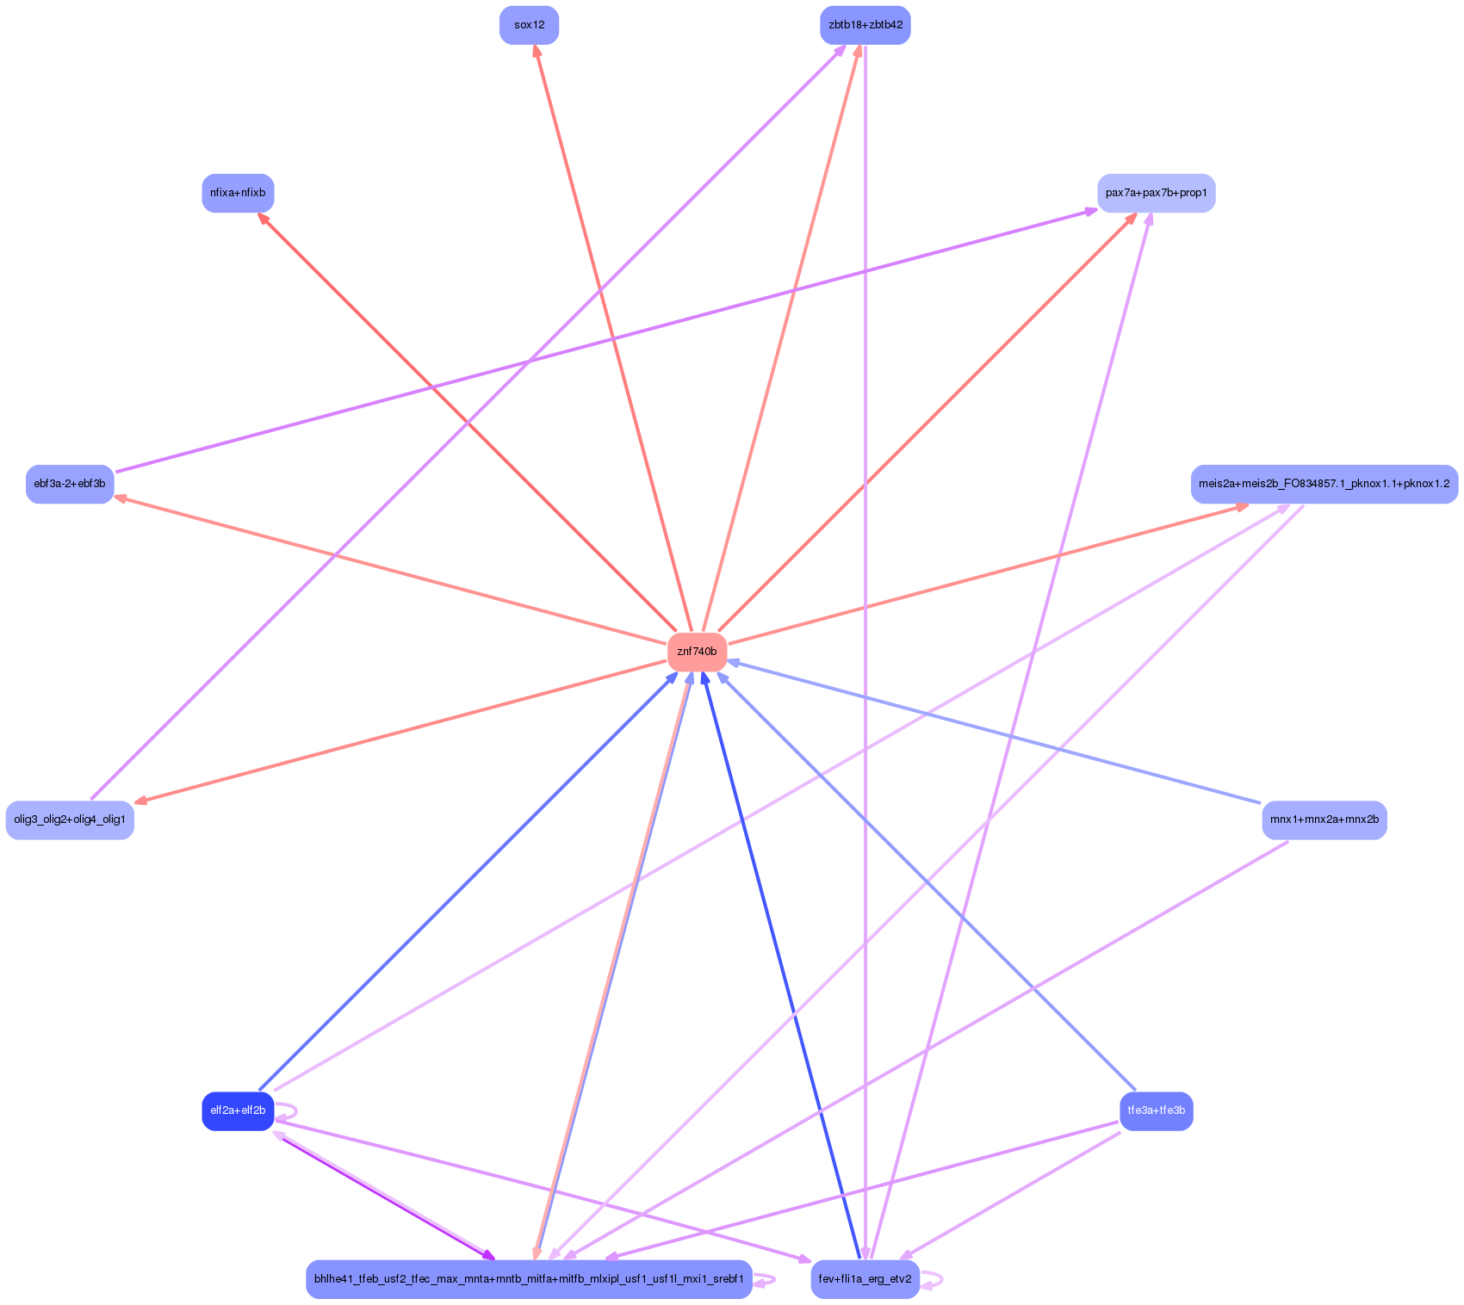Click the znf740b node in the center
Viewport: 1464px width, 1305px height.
pos(697,652)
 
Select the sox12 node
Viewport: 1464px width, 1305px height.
pos(529,25)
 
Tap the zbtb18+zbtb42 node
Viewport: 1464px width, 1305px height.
pos(865,25)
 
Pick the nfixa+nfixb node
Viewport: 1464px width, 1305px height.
pos(238,193)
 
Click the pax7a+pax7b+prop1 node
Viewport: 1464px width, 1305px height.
pos(1156,193)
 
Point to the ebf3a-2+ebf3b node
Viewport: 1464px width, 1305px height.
pos(70,484)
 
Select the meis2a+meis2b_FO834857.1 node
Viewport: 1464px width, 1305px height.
pos(1324,484)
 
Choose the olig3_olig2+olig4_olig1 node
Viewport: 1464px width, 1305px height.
pos(70,819)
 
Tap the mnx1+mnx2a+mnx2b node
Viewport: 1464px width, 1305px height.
pos(1324,819)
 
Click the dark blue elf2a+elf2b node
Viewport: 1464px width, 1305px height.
pos(238,1110)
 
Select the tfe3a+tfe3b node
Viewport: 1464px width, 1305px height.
pos(1156,1110)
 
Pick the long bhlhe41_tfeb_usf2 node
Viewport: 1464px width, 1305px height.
pos(529,1279)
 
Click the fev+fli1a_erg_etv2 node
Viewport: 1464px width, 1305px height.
pos(865,1279)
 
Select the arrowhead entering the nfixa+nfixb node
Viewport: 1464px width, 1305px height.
pos(264,219)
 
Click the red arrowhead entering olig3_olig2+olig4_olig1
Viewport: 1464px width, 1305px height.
pos(140,801)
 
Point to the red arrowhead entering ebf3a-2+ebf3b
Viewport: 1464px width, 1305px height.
pos(121,497)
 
